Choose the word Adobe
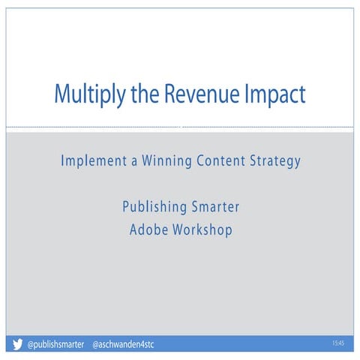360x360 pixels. [147, 229]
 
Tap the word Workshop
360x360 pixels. [202, 229]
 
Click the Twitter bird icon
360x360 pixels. [17, 345]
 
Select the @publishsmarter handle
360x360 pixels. [55, 345]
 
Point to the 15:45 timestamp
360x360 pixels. [337, 343]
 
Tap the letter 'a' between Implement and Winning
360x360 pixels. [132, 161]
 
